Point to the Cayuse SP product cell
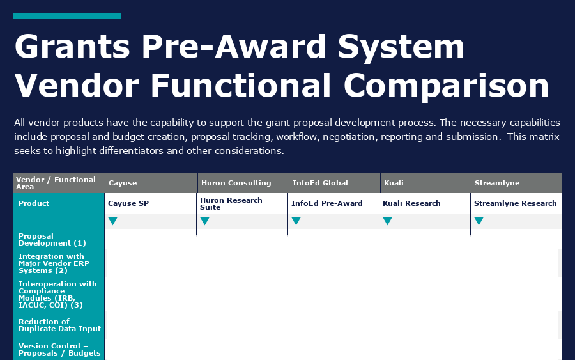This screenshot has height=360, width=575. pos(128,203)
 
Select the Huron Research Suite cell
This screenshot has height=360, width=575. pos(231,203)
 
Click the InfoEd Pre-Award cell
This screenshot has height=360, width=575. pos(326,203)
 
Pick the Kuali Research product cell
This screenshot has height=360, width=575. pos(411,203)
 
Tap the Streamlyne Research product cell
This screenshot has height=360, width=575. pos(515,203)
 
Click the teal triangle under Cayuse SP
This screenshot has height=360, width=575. pos(113,221)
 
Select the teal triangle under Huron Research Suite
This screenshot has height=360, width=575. pos(204,221)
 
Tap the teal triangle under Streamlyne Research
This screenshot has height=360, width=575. pos(479,221)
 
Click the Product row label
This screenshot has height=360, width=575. pos(34,203)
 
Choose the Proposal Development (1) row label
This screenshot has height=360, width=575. pos(52,239)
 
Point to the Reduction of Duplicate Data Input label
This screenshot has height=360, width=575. pos(59,325)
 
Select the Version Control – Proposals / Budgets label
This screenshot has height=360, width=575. pos(59,349)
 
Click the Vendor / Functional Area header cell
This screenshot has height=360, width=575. pos(56,183)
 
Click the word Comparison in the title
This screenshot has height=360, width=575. pos(446,86)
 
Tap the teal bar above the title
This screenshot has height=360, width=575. pos(67,16)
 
